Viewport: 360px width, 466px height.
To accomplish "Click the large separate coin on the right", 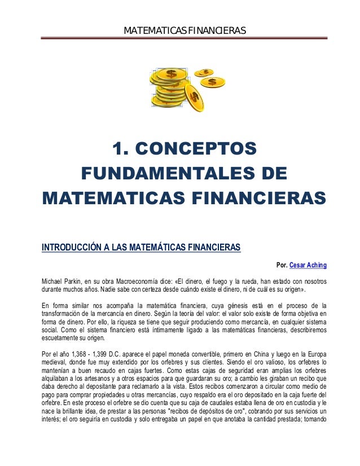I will pos(212,82).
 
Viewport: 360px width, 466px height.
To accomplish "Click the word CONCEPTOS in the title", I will pos(201,149).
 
